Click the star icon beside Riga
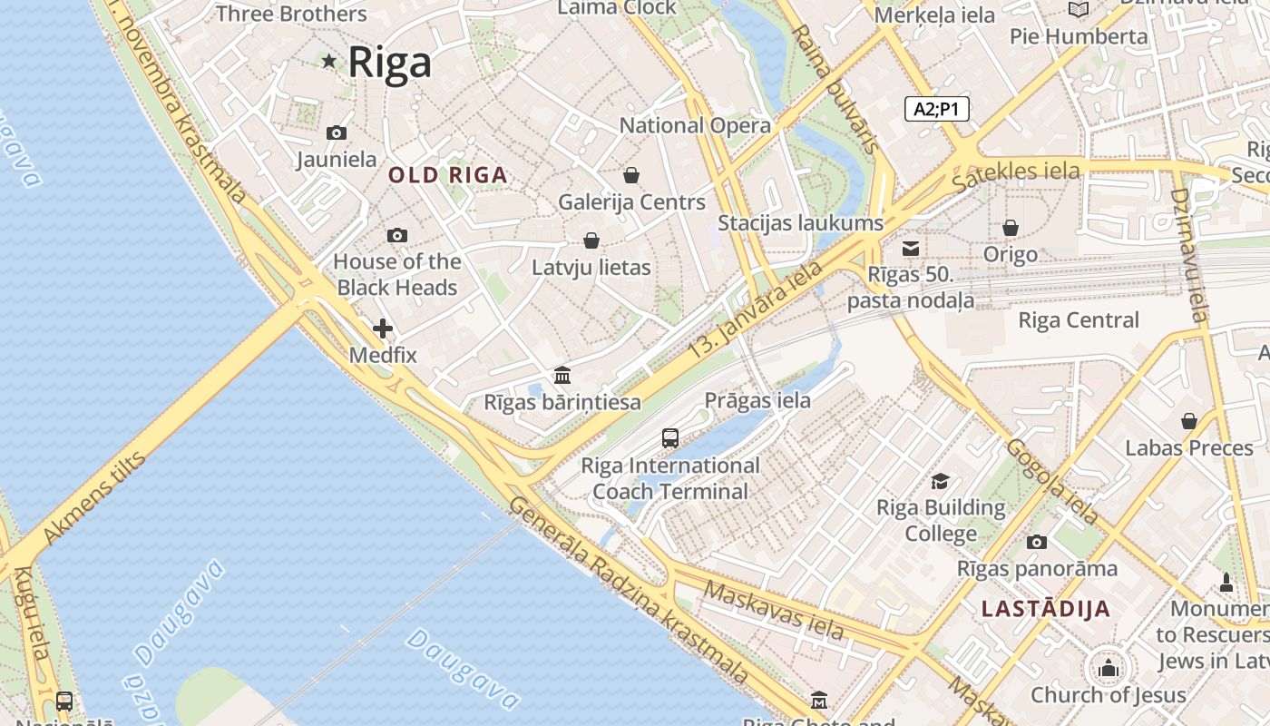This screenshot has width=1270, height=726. click(x=328, y=62)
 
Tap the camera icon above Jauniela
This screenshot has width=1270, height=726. click(x=337, y=133)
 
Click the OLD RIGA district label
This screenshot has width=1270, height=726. click(x=448, y=175)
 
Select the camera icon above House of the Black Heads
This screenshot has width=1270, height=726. click(x=396, y=236)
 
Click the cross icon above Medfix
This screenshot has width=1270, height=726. click(x=383, y=329)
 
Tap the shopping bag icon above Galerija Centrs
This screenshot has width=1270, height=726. click(x=631, y=175)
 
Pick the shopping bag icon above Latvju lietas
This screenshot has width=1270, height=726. click(x=591, y=240)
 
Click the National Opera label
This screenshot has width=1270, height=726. click(x=695, y=125)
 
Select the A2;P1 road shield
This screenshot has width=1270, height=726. click(x=937, y=110)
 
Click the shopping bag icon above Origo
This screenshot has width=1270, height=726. click(x=1010, y=228)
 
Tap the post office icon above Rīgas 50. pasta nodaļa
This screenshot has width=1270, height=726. click(x=912, y=249)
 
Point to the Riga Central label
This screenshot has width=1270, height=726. click(x=1079, y=320)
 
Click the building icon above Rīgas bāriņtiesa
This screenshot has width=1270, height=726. click(x=562, y=375)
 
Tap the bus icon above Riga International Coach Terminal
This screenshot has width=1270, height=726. click(x=670, y=438)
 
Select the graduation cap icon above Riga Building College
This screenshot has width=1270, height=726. click(x=941, y=481)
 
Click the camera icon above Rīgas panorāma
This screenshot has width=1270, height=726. click(x=1037, y=543)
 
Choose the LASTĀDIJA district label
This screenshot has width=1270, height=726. click(x=1046, y=609)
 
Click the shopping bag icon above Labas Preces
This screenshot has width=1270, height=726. click(x=1189, y=421)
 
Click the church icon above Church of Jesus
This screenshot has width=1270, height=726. click(x=1108, y=670)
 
